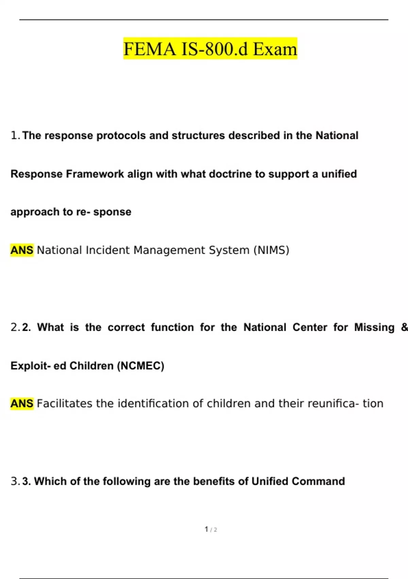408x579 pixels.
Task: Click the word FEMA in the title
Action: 150,49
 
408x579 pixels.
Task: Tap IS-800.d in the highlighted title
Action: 215,49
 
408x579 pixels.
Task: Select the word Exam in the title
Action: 275,49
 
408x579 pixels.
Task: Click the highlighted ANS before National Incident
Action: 22,250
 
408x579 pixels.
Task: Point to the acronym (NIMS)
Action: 271,250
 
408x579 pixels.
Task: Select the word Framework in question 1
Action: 95,174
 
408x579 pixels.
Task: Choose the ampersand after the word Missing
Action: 404,327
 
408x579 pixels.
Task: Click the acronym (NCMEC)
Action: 140,366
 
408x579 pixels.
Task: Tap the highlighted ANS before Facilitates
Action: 22,404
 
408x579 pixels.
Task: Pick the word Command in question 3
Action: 318,481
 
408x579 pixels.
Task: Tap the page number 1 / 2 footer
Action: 211,529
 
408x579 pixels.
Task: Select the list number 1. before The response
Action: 15,136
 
